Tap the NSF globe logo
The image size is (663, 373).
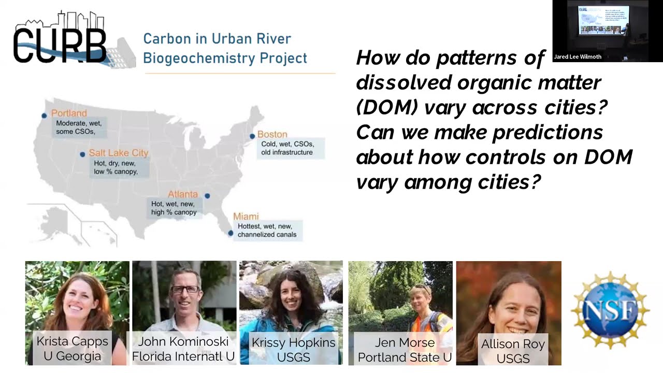(x=610, y=310)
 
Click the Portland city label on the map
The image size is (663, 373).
(x=69, y=113)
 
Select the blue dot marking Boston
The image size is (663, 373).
(x=252, y=136)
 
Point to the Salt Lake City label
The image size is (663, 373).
(x=118, y=153)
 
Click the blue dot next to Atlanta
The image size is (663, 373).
(x=207, y=196)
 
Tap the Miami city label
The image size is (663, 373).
(x=246, y=216)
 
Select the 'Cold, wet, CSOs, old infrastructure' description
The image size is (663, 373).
(x=286, y=148)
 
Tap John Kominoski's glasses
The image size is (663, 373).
(x=185, y=289)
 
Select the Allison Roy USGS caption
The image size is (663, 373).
(x=512, y=351)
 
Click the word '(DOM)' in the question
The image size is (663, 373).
(x=387, y=107)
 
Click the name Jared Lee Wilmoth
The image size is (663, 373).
(x=578, y=56)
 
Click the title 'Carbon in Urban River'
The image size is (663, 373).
(x=217, y=39)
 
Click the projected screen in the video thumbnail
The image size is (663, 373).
(x=603, y=21)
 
